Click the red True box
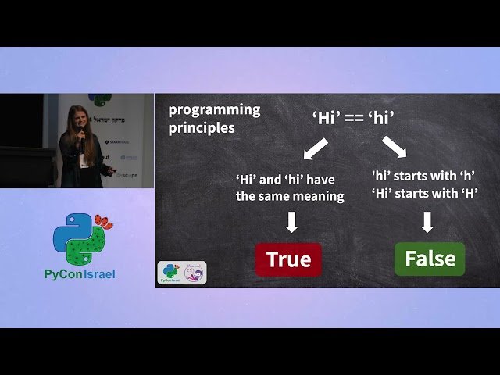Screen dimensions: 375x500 pos(288,259)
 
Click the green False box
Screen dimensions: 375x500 pos(430,259)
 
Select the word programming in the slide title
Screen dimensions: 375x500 pos(214,109)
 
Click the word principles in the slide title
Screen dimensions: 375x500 pos(202,127)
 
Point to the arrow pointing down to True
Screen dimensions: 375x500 pos(291,223)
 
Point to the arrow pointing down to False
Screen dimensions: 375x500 pos(427,223)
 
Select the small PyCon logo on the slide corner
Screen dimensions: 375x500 pos(170,272)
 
